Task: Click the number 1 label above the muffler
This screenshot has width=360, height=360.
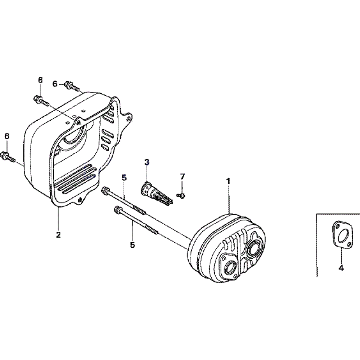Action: point(228,181)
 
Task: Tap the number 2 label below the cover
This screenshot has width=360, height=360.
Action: point(58,235)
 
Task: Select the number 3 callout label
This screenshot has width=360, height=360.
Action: point(147,162)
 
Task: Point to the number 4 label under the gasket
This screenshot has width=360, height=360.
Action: point(341,268)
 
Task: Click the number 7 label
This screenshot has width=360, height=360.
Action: point(182,176)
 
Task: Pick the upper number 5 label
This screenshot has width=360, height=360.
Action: point(124,177)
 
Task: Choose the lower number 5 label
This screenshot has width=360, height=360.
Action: point(132,245)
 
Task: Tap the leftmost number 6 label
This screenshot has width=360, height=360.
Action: point(7,136)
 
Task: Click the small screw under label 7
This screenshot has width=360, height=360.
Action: point(181,195)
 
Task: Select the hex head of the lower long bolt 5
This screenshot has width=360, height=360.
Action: point(117,209)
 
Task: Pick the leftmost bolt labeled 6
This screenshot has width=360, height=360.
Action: point(8,156)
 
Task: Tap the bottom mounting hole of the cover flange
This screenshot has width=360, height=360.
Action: point(80,199)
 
